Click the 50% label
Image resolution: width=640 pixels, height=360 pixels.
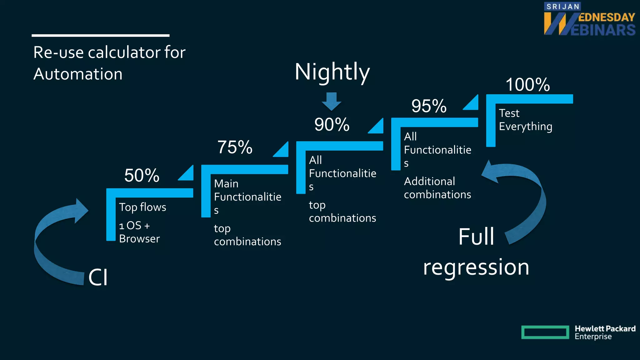(x=142, y=175)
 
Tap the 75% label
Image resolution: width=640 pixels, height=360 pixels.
(x=235, y=147)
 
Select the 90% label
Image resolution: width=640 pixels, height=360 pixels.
(x=332, y=125)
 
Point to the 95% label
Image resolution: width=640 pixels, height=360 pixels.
(x=429, y=106)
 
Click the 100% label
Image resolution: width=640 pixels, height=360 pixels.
(x=528, y=85)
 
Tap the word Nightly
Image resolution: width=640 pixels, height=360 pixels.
(x=332, y=72)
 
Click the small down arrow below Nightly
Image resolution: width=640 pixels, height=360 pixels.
(x=332, y=101)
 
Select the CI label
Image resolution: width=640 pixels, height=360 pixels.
(x=98, y=277)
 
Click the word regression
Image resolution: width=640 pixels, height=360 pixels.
(x=476, y=267)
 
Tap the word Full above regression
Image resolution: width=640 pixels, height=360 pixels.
(x=476, y=237)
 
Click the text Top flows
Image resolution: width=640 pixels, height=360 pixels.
(x=142, y=207)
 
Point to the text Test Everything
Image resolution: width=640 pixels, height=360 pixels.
(x=525, y=120)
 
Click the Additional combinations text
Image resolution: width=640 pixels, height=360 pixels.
(x=437, y=188)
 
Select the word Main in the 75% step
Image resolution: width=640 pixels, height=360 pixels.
(x=226, y=184)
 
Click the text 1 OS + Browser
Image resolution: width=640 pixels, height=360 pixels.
(x=139, y=232)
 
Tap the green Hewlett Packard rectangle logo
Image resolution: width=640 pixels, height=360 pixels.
(x=545, y=332)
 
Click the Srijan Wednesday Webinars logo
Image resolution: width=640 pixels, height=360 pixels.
(x=589, y=19)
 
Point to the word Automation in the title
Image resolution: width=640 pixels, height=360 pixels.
(x=78, y=74)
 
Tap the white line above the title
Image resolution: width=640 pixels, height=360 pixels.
(x=101, y=36)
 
